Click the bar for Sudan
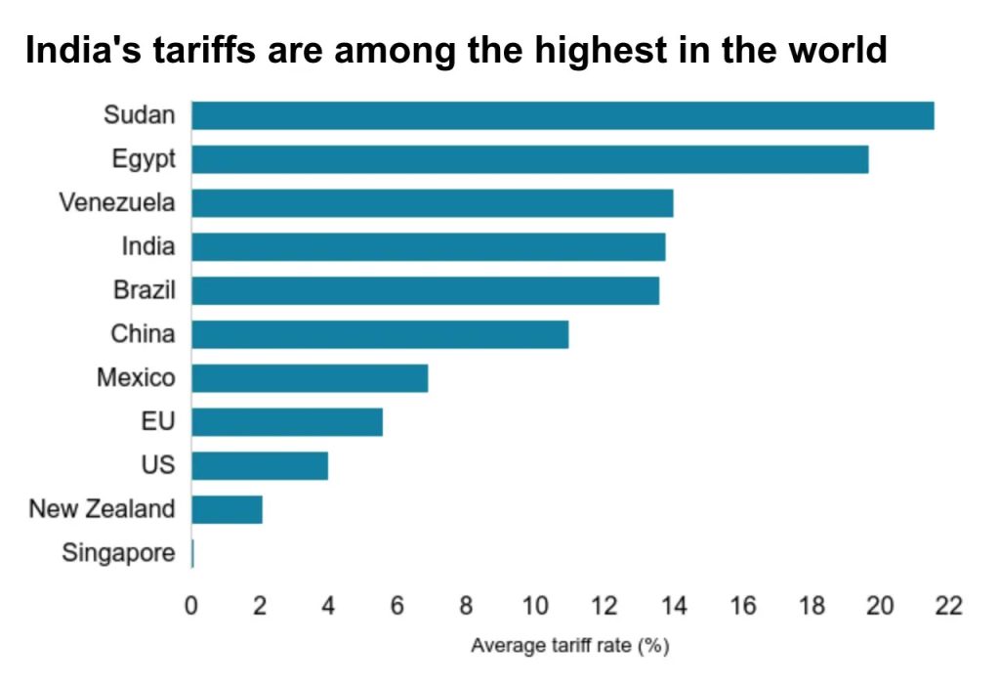562,115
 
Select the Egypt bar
529,159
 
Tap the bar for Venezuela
432,203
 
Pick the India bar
428,246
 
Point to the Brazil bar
425,290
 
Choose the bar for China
380,334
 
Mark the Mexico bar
310,378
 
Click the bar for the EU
287,422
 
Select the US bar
260,465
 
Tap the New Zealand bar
227,509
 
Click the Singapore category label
118,553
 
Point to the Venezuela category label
117,203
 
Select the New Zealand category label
102,509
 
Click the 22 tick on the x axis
948,606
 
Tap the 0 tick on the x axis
191,606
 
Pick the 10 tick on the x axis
535,606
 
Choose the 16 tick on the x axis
742,606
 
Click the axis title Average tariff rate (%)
569,646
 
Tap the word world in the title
839,51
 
